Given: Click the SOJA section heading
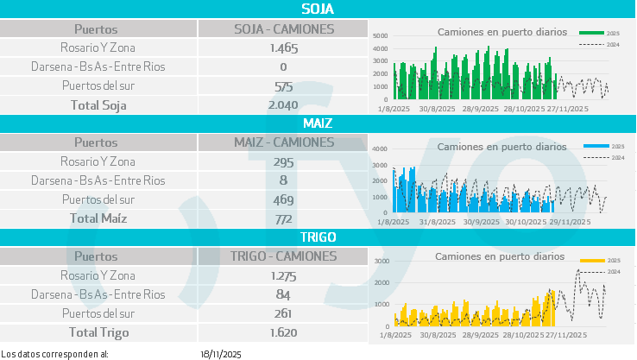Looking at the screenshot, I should [x=318, y=9].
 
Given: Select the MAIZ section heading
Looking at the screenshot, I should [x=318, y=123].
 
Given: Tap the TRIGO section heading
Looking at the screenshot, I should [x=318, y=237].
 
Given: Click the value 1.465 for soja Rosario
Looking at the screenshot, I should [x=283, y=48].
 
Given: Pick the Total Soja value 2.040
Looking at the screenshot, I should [x=283, y=105].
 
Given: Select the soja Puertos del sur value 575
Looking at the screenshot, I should [x=283, y=86].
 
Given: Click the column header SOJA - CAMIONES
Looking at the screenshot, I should [x=284, y=29].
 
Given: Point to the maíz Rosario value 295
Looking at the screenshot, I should [x=283, y=161].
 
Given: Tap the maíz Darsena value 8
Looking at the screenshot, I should [x=283, y=180].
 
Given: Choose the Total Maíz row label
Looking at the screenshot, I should [x=98, y=218].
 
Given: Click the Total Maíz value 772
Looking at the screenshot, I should [x=283, y=218].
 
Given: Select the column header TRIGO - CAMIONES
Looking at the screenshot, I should [x=284, y=256].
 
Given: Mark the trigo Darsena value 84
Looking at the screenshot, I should [x=283, y=294].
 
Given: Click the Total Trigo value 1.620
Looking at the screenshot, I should [x=283, y=332].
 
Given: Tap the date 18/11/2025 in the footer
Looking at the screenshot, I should [x=221, y=354].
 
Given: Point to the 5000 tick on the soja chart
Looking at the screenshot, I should [x=381, y=36].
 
